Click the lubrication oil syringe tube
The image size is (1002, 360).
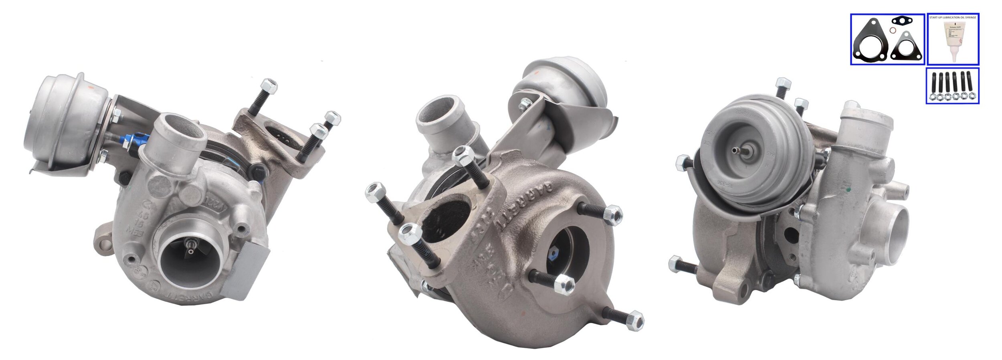click(953, 42)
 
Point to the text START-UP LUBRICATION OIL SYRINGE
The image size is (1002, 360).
click(953, 18)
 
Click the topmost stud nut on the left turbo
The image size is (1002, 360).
click(269, 86)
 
